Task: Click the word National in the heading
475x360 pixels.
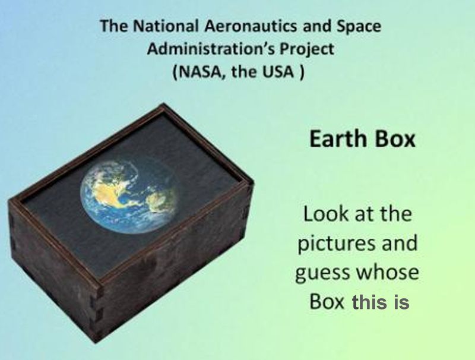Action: [166, 26]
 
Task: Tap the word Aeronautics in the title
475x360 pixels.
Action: [250, 26]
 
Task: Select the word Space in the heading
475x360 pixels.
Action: [359, 26]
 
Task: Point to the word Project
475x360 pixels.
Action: [306, 49]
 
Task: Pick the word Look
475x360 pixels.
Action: [322, 214]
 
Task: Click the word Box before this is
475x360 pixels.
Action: [327, 302]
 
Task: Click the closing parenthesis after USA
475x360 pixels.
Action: [301, 72]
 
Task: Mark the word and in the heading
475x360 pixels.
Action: [316, 26]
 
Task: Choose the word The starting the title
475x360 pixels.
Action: [114, 26]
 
